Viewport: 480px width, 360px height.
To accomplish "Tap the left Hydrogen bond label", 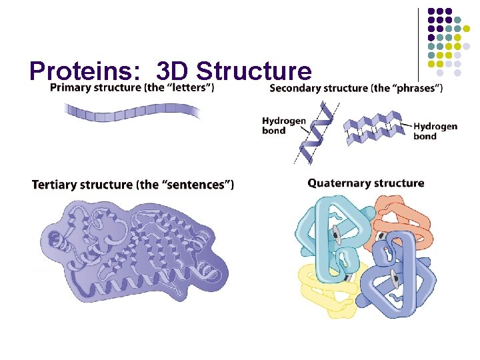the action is click(283, 125).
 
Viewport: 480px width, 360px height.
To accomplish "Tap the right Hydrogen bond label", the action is click(435, 131).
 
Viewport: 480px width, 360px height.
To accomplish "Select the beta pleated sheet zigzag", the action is click(377, 129).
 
